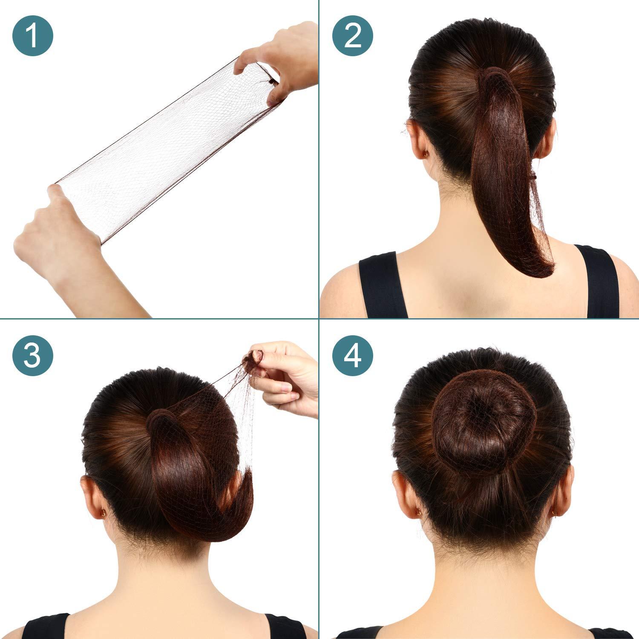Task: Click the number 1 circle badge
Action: [33, 36]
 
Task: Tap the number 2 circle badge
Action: [353, 36]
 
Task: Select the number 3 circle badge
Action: [33, 355]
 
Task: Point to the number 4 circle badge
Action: [353, 355]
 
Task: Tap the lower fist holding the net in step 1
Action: [55, 230]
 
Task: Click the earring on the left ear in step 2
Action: [426, 154]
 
